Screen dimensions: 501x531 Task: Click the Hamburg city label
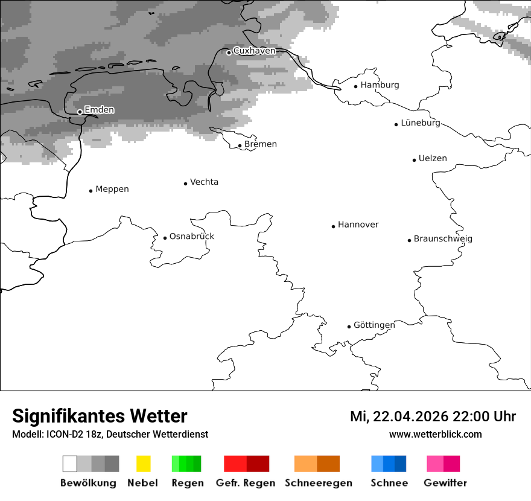pyautogui.click(x=380, y=85)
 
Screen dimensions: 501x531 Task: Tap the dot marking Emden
pyautogui.click(x=80, y=112)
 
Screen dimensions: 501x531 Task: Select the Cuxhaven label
pyautogui.click(x=254, y=51)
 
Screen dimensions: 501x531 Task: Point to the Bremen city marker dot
pyautogui.click(x=240, y=145)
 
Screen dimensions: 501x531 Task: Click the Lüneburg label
pyautogui.click(x=421, y=123)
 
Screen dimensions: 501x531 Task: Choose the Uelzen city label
pyautogui.click(x=433, y=159)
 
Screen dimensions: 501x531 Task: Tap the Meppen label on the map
pyautogui.click(x=112, y=190)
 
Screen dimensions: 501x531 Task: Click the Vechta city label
pyautogui.click(x=204, y=182)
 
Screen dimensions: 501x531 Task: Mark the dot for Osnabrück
pyautogui.click(x=165, y=238)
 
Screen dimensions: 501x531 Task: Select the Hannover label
pyautogui.click(x=358, y=225)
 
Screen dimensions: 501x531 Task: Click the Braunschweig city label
pyautogui.click(x=443, y=239)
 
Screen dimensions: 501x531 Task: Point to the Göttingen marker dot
pyautogui.click(x=349, y=327)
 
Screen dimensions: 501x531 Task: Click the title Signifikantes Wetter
pyautogui.click(x=100, y=416)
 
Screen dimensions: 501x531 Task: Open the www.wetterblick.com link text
pyautogui.click(x=435, y=435)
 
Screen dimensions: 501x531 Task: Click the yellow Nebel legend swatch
pyautogui.click(x=143, y=464)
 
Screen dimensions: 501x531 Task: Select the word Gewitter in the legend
pyautogui.click(x=445, y=483)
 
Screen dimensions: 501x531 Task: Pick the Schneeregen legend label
pyautogui.click(x=319, y=483)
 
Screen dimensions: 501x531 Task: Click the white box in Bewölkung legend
pyautogui.click(x=70, y=464)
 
